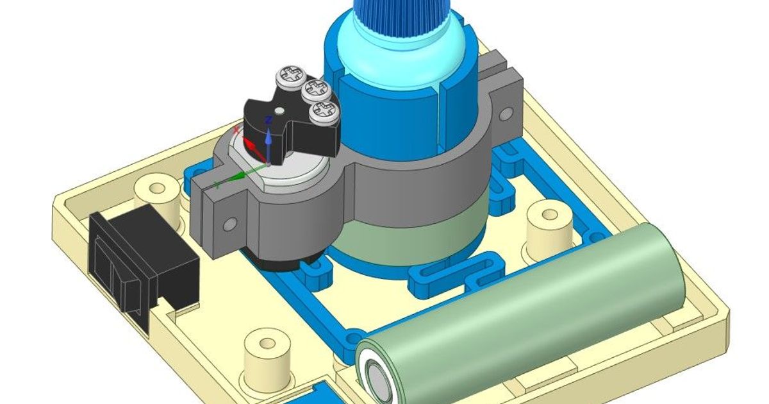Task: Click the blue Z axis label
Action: [269, 119]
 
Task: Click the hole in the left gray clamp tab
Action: [229, 224]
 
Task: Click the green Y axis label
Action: [218, 185]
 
